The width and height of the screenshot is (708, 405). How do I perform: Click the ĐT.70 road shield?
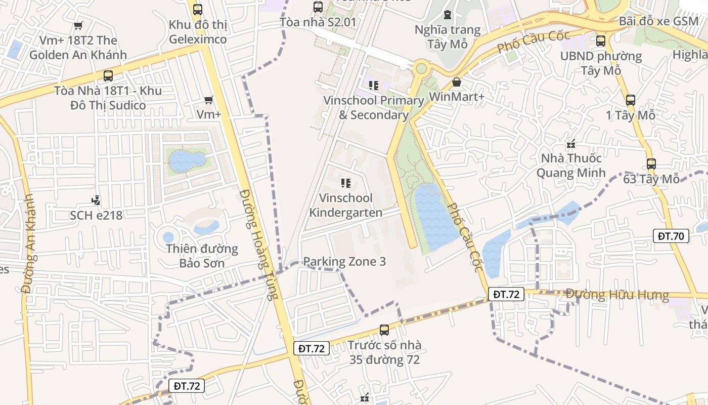(x=671, y=235)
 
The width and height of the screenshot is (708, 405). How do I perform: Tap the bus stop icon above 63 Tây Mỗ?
(x=651, y=164)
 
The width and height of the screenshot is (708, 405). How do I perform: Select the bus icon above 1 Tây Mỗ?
(x=630, y=100)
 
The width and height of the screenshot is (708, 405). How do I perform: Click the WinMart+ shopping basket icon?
(x=457, y=82)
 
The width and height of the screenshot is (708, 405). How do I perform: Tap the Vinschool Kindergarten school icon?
(x=346, y=183)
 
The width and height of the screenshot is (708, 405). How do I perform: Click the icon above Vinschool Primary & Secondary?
(x=373, y=86)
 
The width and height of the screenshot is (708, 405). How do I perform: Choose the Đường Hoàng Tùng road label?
(x=259, y=245)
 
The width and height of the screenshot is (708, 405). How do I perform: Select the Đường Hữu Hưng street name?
(x=616, y=295)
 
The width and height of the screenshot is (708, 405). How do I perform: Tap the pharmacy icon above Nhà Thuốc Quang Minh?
(x=571, y=144)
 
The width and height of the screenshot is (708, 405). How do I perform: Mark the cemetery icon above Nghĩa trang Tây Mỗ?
(x=447, y=15)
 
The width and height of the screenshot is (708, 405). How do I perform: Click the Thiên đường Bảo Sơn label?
(x=202, y=256)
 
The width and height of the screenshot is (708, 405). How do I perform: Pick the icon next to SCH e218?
(x=96, y=200)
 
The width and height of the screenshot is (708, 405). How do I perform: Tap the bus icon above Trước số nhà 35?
(x=384, y=330)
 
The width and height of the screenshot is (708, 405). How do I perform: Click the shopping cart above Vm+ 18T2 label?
(x=78, y=26)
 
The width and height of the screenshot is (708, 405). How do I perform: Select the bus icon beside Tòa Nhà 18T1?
(x=108, y=76)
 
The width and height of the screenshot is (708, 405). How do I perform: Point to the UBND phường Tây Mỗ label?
(x=601, y=63)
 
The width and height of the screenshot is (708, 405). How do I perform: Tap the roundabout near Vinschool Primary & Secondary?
(x=420, y=68)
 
